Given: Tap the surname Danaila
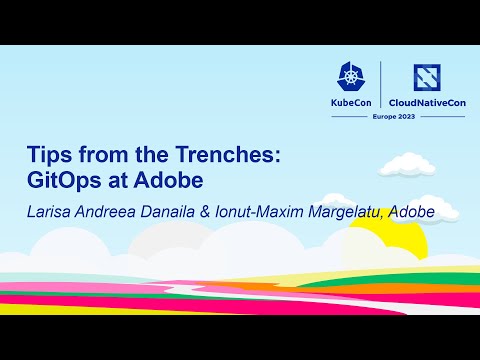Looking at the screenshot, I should (x=180, y=212).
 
